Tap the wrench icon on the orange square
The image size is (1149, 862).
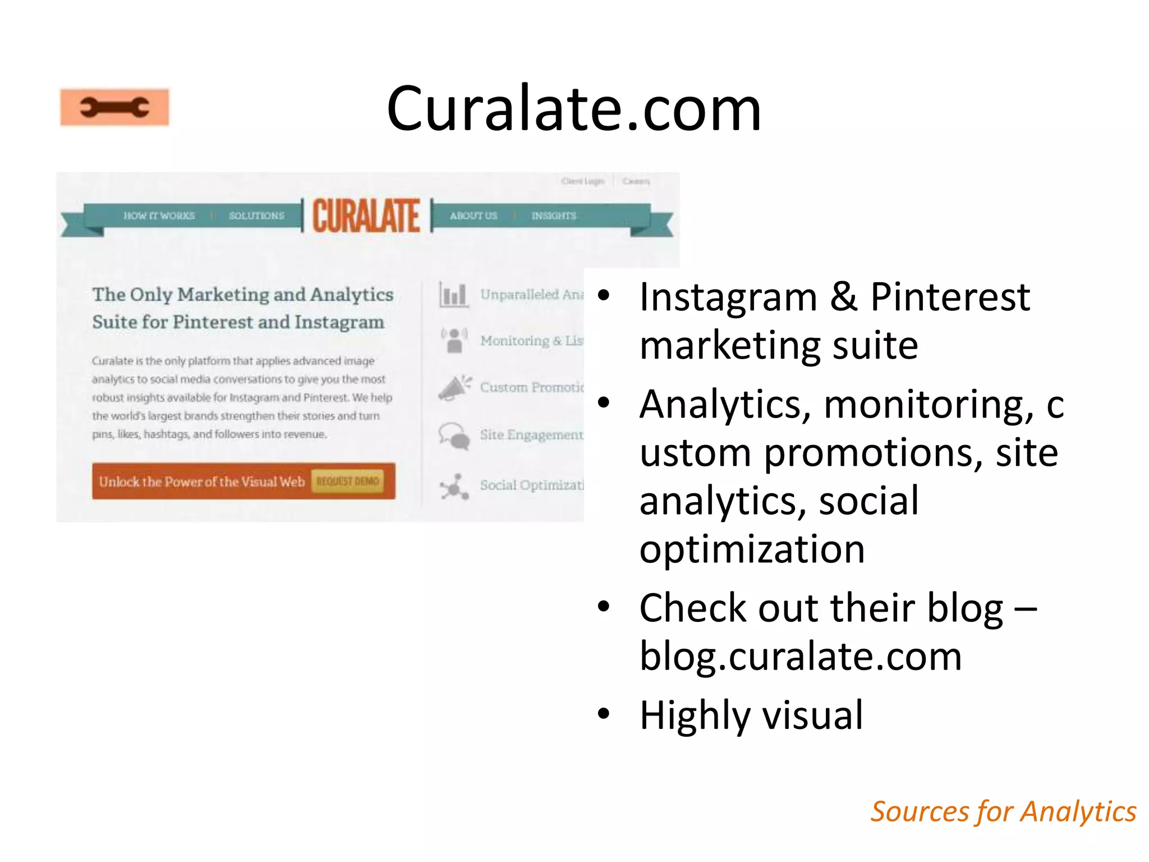(114, 107)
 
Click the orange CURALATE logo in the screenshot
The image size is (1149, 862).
(366, 216)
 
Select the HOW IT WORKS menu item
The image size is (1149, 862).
(159, 215)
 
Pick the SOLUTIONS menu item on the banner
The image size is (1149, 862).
(256, 215)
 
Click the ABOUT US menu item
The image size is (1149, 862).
(474, 215)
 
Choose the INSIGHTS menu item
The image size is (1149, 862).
(554, 215)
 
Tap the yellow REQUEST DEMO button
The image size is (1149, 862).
(348, 482)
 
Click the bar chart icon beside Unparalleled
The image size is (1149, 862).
(453, 295)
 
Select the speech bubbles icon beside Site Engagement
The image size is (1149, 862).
(454, 435)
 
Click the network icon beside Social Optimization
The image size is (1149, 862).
(454, 486)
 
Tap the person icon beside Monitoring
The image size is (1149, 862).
(454, 340)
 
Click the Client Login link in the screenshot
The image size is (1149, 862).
(582, 181)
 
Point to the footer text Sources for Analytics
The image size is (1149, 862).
(1003, 811)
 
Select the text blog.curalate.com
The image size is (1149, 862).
(801, 656)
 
